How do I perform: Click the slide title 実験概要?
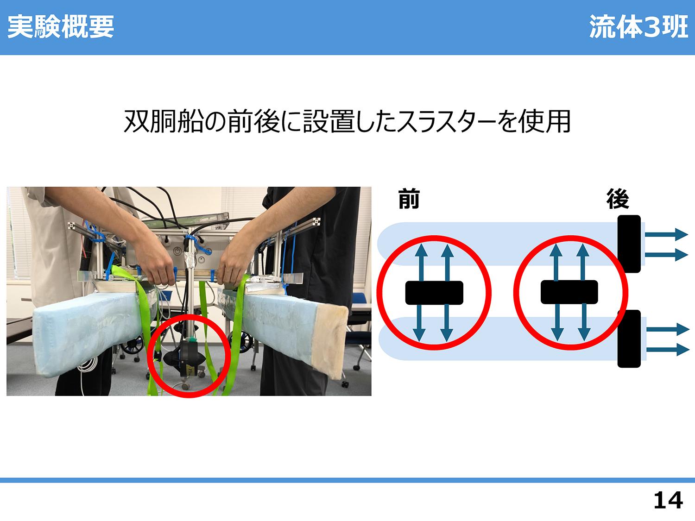pos(61,27)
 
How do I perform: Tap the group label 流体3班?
pos(638,27)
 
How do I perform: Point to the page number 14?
pos(668,500)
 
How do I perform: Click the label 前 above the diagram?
pos(409,199)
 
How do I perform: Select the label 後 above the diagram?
pos(618,199)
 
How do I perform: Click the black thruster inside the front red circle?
pos(434,293)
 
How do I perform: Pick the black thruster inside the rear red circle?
pos(569,292)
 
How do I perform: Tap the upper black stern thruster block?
pos(629,244)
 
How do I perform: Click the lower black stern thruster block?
pos(629,339)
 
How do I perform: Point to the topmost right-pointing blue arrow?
pos(666,235)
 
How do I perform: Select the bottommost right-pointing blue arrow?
pos(668,350)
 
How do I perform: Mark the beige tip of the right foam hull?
pos(331,342)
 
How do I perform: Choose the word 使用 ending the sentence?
pos(544,121)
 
